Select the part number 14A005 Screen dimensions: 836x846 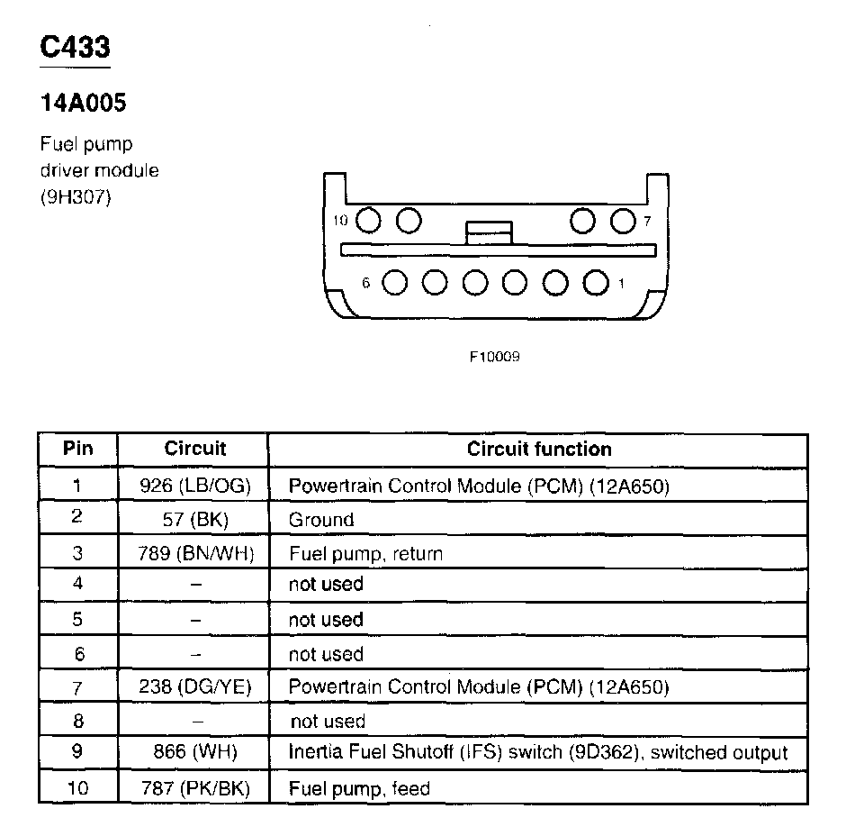tap(83, 104)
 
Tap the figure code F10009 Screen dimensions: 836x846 tap(494, 357)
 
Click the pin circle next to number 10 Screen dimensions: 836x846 tap(367, 220)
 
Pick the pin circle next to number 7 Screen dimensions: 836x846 tap(623, 220)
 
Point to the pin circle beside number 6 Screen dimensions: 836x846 tap(394, 283)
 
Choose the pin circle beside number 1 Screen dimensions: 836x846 tap(595, 283)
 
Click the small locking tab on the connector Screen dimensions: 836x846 tap(488, 232)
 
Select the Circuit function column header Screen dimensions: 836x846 tap(538, 449)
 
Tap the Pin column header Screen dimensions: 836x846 tap(77, 449)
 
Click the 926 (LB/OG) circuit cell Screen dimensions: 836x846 tap(194, 486)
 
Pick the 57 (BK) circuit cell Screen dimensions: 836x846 tap(194, 520)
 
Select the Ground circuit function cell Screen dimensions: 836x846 tap(321, 520)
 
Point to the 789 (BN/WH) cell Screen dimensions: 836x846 tap(194, 553)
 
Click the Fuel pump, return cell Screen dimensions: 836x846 tap(365, 553)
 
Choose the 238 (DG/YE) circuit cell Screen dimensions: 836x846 tap(194, 687)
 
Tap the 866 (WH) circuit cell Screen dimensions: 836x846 tap(194, 753)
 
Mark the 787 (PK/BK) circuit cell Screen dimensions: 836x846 tap(194, 789)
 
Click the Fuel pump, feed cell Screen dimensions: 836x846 tap(359, 789)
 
